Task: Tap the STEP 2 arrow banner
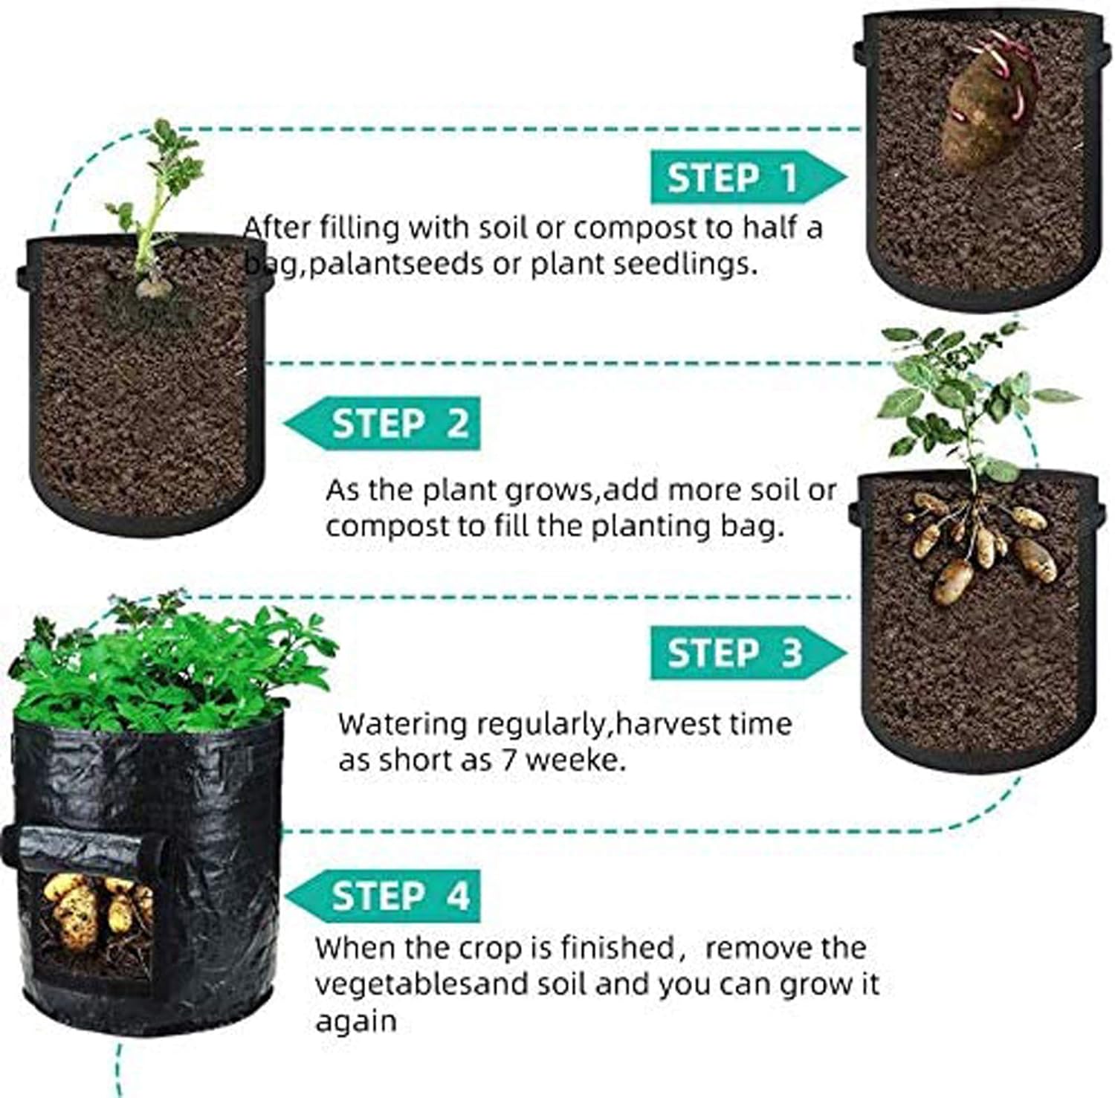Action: tap(384, 423)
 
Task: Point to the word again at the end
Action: tap(356, 1021)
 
